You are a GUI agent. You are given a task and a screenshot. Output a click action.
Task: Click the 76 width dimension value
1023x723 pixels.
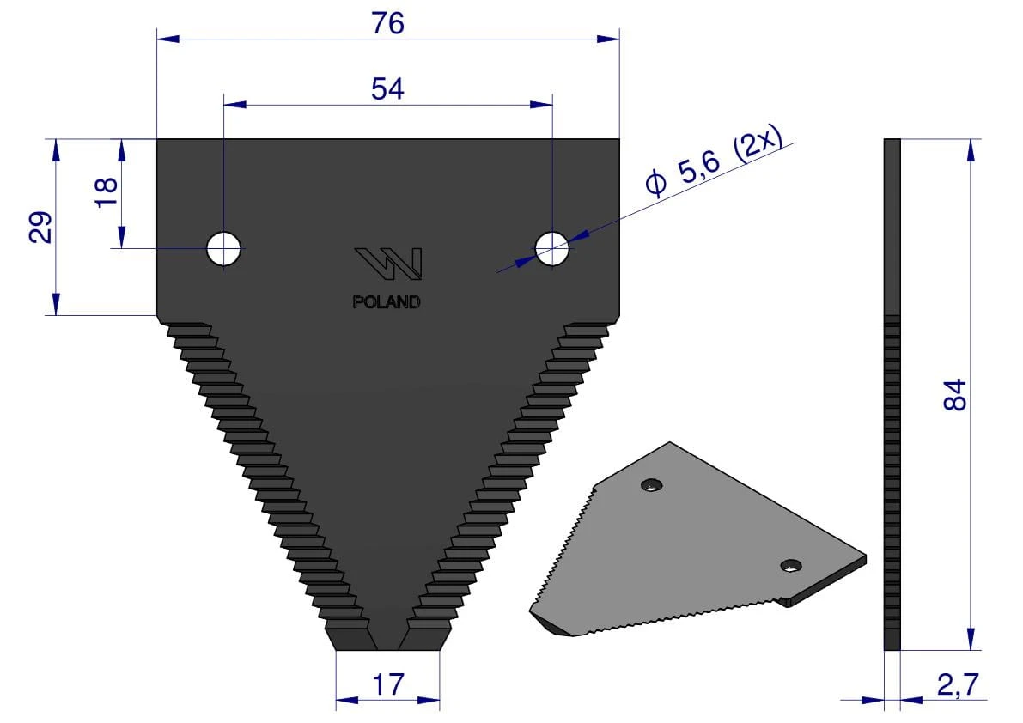[x=388, y=23]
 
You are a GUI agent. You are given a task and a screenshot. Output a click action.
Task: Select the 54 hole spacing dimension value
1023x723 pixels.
[x=387, y=88]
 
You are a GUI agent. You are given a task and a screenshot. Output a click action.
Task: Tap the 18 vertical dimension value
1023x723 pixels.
[x=107, y=192]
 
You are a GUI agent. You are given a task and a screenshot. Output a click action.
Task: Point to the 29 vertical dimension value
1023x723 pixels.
[x=40, y=227]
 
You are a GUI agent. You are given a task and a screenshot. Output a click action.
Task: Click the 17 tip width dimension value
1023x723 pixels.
[x=387, y=685]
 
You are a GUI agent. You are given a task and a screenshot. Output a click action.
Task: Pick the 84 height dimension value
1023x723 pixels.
[x=954, y=394]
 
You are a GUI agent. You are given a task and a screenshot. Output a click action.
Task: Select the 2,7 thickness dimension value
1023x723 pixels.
[x=958, y=684]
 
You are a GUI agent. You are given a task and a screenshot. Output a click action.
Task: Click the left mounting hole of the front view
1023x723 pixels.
[x=224, y=248]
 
